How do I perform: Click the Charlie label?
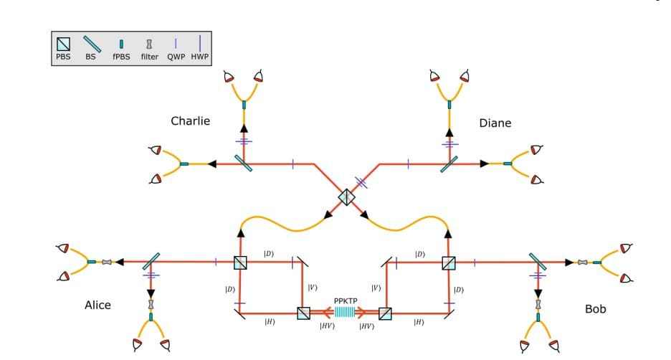pos(190,120)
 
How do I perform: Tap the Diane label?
pos(495,123)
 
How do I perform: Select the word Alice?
pos(97,305)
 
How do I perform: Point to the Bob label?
pos(595,309)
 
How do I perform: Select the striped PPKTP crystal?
pos(345,313)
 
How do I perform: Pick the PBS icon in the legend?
pos(64,44)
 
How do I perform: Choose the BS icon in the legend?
pos(91,44)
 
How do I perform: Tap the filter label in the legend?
pos(149,57)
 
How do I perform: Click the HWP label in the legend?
pos(199,57)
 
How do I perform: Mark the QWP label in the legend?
pos(176,57)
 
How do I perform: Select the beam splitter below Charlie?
pos(244,164)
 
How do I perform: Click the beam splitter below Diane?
pos(449,164)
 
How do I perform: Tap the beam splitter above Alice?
pos(151,262)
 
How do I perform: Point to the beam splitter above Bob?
pos(538,262)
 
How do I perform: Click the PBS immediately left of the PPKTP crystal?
pos(304,313)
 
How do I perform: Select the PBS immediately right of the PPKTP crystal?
pos(385,313)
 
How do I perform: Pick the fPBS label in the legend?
pos(121,57)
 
